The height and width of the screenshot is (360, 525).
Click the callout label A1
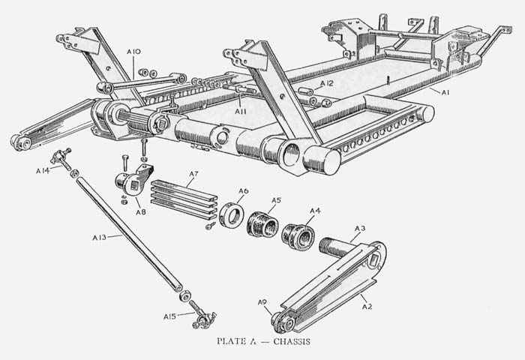[445, 92]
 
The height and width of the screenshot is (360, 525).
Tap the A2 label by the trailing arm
[367, 306]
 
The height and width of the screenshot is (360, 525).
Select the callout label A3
[360, 229]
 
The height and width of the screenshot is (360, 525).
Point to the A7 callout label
[193, 174]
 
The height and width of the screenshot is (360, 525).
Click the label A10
[133, 52]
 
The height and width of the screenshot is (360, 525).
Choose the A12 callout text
[327, 83]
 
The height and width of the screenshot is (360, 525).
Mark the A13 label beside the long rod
[99, 238]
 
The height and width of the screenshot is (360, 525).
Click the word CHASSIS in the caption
[292, 341]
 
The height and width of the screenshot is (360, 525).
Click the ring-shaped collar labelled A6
[232, 214]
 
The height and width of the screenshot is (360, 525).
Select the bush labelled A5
[262, 225]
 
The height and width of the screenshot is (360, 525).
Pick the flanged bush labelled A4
[298, 237]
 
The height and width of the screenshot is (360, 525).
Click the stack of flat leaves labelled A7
[184, 199]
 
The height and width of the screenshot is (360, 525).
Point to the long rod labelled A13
[129, 235]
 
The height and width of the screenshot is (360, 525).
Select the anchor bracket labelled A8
[133, 181]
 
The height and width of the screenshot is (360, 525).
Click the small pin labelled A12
[305, 91]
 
